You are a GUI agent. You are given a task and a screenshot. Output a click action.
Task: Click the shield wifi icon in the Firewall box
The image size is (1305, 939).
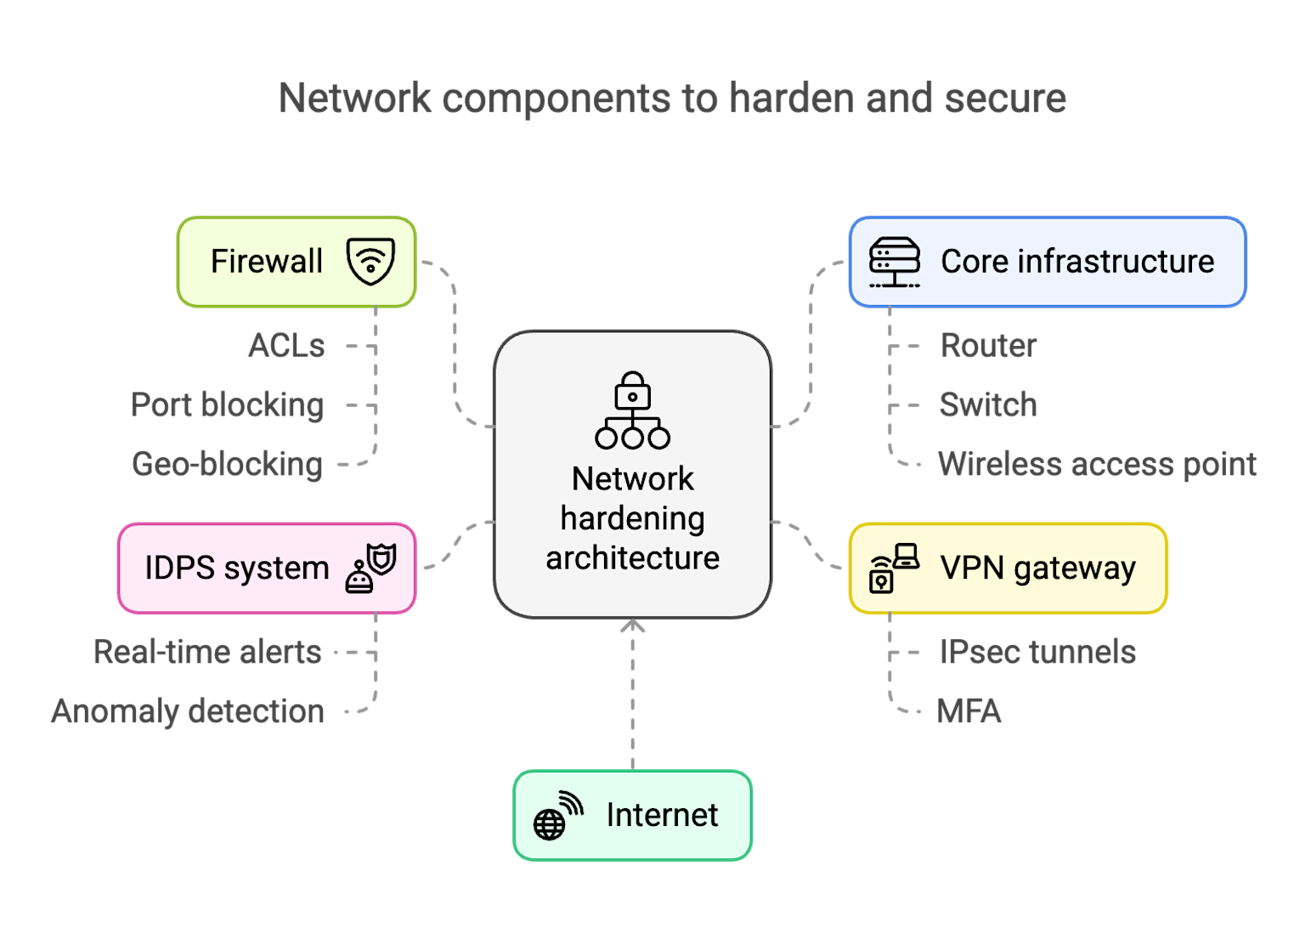tap(370, 261)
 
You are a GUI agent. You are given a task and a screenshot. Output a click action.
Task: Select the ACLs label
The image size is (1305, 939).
tap(286, 346)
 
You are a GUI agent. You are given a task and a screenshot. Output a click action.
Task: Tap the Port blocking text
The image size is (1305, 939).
tap(228, 405)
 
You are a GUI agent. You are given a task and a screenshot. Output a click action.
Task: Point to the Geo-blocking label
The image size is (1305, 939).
tap(228, 465)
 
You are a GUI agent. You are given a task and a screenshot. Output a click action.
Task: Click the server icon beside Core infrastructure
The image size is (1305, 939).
tap(894, 262)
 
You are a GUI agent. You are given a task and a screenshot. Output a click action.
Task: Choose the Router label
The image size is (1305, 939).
tap(988, 346)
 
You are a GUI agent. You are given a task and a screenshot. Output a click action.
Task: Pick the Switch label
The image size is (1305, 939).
tap(988, 405)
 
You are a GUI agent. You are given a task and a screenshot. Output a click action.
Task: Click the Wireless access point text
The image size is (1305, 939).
tap(1096, 465)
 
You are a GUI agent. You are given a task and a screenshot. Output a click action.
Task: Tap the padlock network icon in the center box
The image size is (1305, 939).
tap(632, 410)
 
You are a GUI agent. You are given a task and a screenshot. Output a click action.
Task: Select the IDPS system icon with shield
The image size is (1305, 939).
tap(371, 568)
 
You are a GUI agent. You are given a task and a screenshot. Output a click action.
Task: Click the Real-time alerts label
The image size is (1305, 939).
tap(207, 653)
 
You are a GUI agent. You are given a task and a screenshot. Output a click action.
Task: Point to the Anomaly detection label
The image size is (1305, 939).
tap(188, 712)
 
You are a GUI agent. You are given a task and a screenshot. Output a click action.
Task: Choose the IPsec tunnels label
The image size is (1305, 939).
tap(1037, 653)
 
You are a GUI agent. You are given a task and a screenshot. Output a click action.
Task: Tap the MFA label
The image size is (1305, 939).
tap(969, 712)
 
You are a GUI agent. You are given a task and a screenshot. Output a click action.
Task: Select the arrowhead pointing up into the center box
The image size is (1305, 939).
tap(632, 626)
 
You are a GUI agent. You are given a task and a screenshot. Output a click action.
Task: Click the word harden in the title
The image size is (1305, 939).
tap(791, 99)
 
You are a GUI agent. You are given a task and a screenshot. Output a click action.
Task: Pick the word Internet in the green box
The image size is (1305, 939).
tap(662, 815)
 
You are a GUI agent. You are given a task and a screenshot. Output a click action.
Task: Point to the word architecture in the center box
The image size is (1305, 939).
tap(632, 558)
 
